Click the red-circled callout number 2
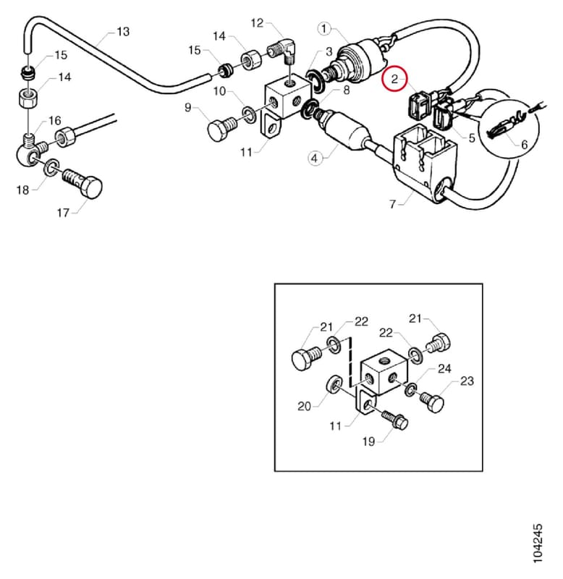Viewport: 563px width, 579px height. pos(394,79)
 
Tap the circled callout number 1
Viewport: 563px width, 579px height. pos(324,29)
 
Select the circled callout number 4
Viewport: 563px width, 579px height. pos(314,159)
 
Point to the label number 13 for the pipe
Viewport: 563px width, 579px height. pos(123,32)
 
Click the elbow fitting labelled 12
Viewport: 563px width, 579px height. pos(284,51)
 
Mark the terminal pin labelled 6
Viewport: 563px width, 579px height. pos(506,127)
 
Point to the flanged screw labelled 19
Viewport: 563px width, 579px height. pos(394,420)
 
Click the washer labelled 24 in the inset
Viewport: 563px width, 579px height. pos(410,389)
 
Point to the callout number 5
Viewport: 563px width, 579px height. pos(472,138)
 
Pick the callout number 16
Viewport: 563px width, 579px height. pos(55,121)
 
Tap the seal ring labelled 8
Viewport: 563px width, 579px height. pos(308,109)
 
